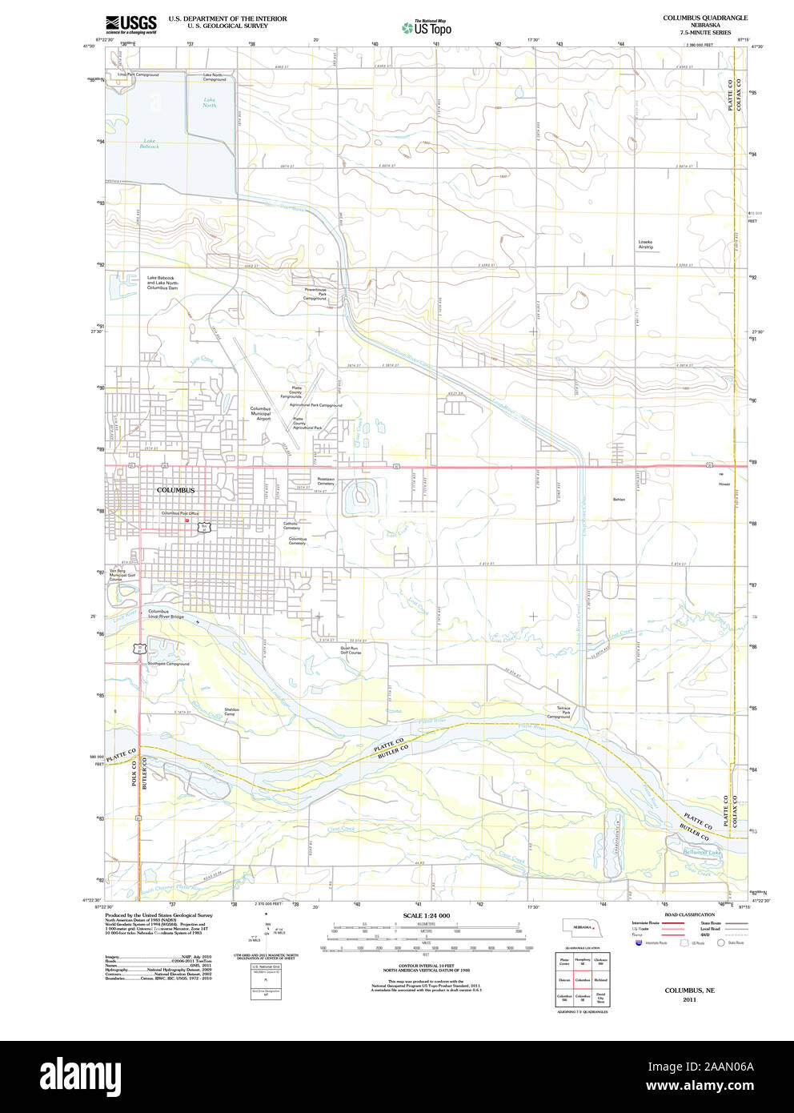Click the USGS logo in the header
(x=130, y=24)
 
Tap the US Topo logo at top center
(x=427, y=28)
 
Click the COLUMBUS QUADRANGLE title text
(x=705, y=18)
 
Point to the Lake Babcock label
(x=150, y=144)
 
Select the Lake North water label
(x=209, y=102)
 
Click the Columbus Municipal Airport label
(x=260, y=413)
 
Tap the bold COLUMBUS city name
(x=175, y=490)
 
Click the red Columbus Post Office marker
(x=186, y=520)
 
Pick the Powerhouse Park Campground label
(x=315, y=294)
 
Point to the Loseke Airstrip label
(x=646, y=244)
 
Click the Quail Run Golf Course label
(x=351, y=650)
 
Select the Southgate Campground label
(x=168, y=664)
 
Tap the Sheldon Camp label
(x=231, y=711)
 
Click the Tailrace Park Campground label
(x=559, y=713)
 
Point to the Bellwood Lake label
(x=701, y=852)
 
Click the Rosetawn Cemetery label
(x=325, y=482)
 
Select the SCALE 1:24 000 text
(x=427, y=915)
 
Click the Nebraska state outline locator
(x=582, y=926)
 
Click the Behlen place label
(x=619, y=499)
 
